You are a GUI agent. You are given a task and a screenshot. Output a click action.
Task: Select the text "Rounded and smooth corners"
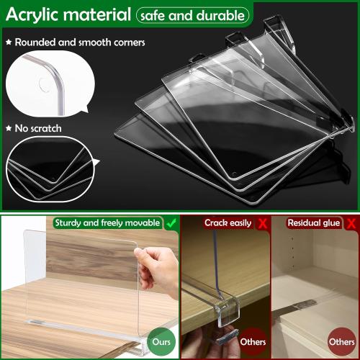(x=80, y=42)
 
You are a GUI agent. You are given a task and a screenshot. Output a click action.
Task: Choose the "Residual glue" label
(x=312, y=222)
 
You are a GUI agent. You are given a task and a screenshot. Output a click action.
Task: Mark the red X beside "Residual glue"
(x=351, y=222)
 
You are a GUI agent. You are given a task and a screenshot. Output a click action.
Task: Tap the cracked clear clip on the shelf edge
(x=217, y=317)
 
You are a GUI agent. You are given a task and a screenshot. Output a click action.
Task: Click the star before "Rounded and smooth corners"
(x=9, y=42)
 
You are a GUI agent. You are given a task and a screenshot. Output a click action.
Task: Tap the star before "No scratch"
(x=9, y=129)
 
